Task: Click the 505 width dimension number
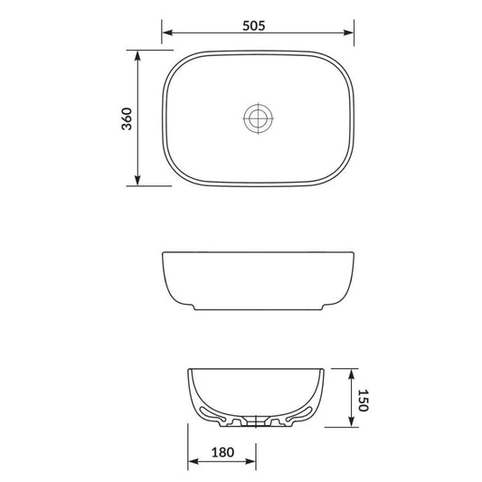click(254, 26)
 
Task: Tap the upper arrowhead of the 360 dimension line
click(137, 54)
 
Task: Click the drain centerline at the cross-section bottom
click(256, 422)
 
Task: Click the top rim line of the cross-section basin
click(256, 370)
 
